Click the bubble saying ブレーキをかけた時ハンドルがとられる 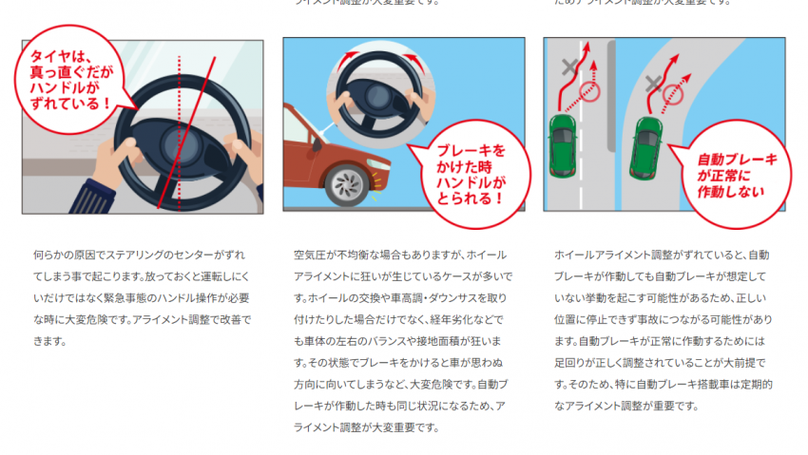tap(465, 172)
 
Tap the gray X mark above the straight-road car tap(570, 68)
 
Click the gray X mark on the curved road tap(653, 85)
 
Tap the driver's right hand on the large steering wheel tap(245, 152)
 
